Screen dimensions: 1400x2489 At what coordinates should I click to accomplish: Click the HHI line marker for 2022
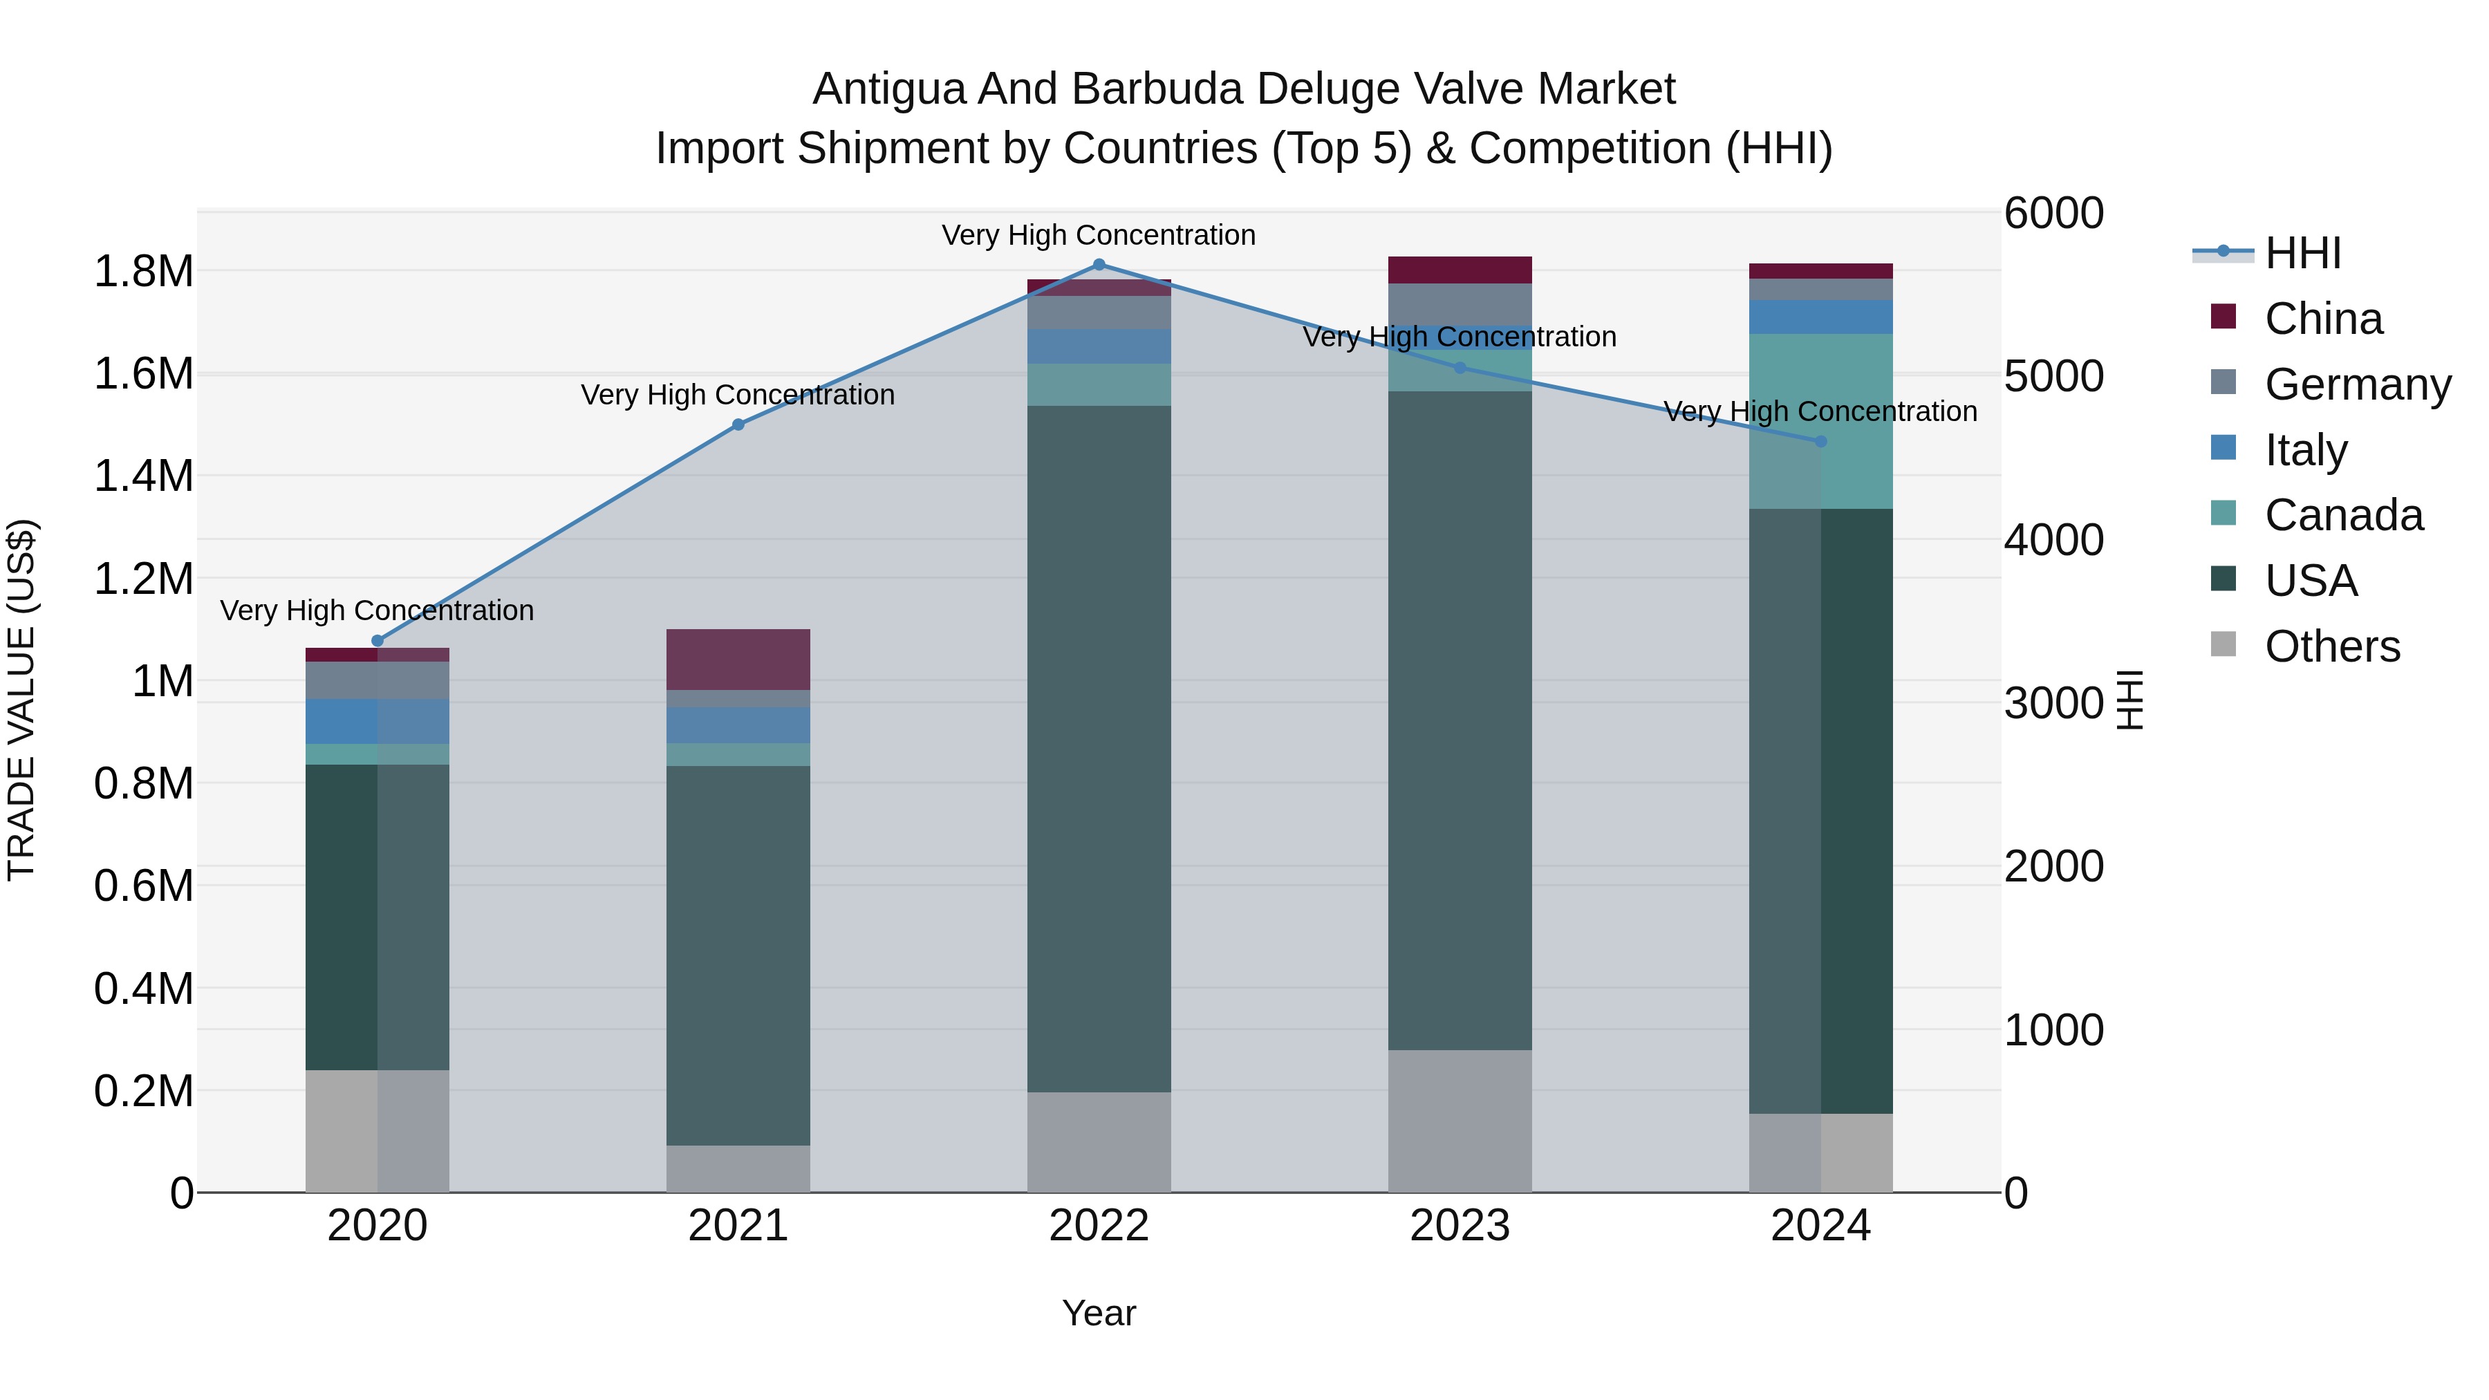pos(1099,265)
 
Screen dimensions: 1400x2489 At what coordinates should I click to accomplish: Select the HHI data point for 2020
pos(377,641)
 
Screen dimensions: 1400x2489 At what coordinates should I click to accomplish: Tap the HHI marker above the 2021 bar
pos(738,424)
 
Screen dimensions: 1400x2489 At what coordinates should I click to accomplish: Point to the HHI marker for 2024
pos(1820,442)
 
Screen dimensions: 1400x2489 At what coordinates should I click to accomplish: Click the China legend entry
pos(2323,319)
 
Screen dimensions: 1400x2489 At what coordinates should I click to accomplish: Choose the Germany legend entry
pos(2357,384)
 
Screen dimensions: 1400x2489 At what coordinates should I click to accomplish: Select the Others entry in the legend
pos(2331,646)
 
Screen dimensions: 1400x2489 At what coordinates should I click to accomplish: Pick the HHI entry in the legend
pos(2302,253)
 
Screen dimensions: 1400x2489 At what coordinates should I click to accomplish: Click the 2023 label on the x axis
pos(1459,1226)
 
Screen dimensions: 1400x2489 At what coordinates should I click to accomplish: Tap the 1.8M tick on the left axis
pos(143,272)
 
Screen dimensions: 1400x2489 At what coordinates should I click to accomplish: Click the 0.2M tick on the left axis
pos(143,1091)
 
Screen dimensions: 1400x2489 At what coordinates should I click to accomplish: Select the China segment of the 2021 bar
pos(738,659)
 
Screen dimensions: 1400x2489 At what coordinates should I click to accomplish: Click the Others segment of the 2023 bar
pos(1459,1121)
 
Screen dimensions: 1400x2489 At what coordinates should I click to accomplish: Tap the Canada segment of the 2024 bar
pos(1820,421)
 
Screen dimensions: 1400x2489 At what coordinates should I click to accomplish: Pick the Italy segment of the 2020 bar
pos(377,721)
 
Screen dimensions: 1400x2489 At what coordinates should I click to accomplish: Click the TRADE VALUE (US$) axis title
pos(21,700)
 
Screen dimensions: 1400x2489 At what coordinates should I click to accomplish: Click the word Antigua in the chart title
pos(889,89)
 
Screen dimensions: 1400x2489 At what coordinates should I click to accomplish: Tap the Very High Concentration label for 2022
pos(1099,235)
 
